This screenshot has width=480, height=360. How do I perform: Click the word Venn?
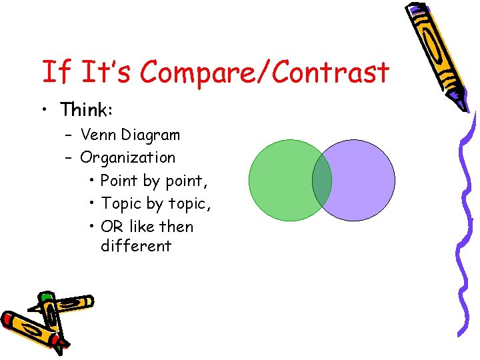pyautogui.click(x=98, y=135)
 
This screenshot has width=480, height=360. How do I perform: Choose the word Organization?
pyautogui.click(x=128, y=158)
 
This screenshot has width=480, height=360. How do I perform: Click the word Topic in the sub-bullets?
pyautogui.click(x=120, y=203)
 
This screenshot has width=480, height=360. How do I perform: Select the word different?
pyautogui.click(x=136, y=245)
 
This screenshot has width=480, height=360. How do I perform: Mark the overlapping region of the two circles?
pyautogui.click(x=322, y=180)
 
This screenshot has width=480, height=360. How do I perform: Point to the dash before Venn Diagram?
pyautogui.click(x=69, y=135)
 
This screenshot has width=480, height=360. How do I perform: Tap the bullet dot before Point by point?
pyautogui.click(x=91, y=181)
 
